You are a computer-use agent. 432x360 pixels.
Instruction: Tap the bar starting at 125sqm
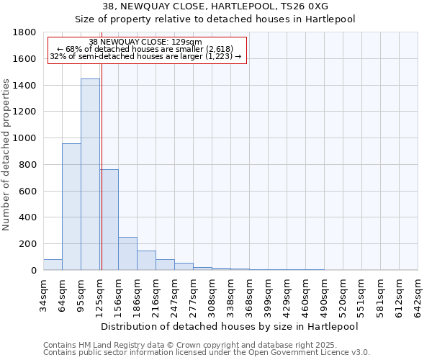point(109,220)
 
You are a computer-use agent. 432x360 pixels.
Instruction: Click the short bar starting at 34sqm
point(53,264)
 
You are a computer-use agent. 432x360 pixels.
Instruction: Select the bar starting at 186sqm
point(146,260)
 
